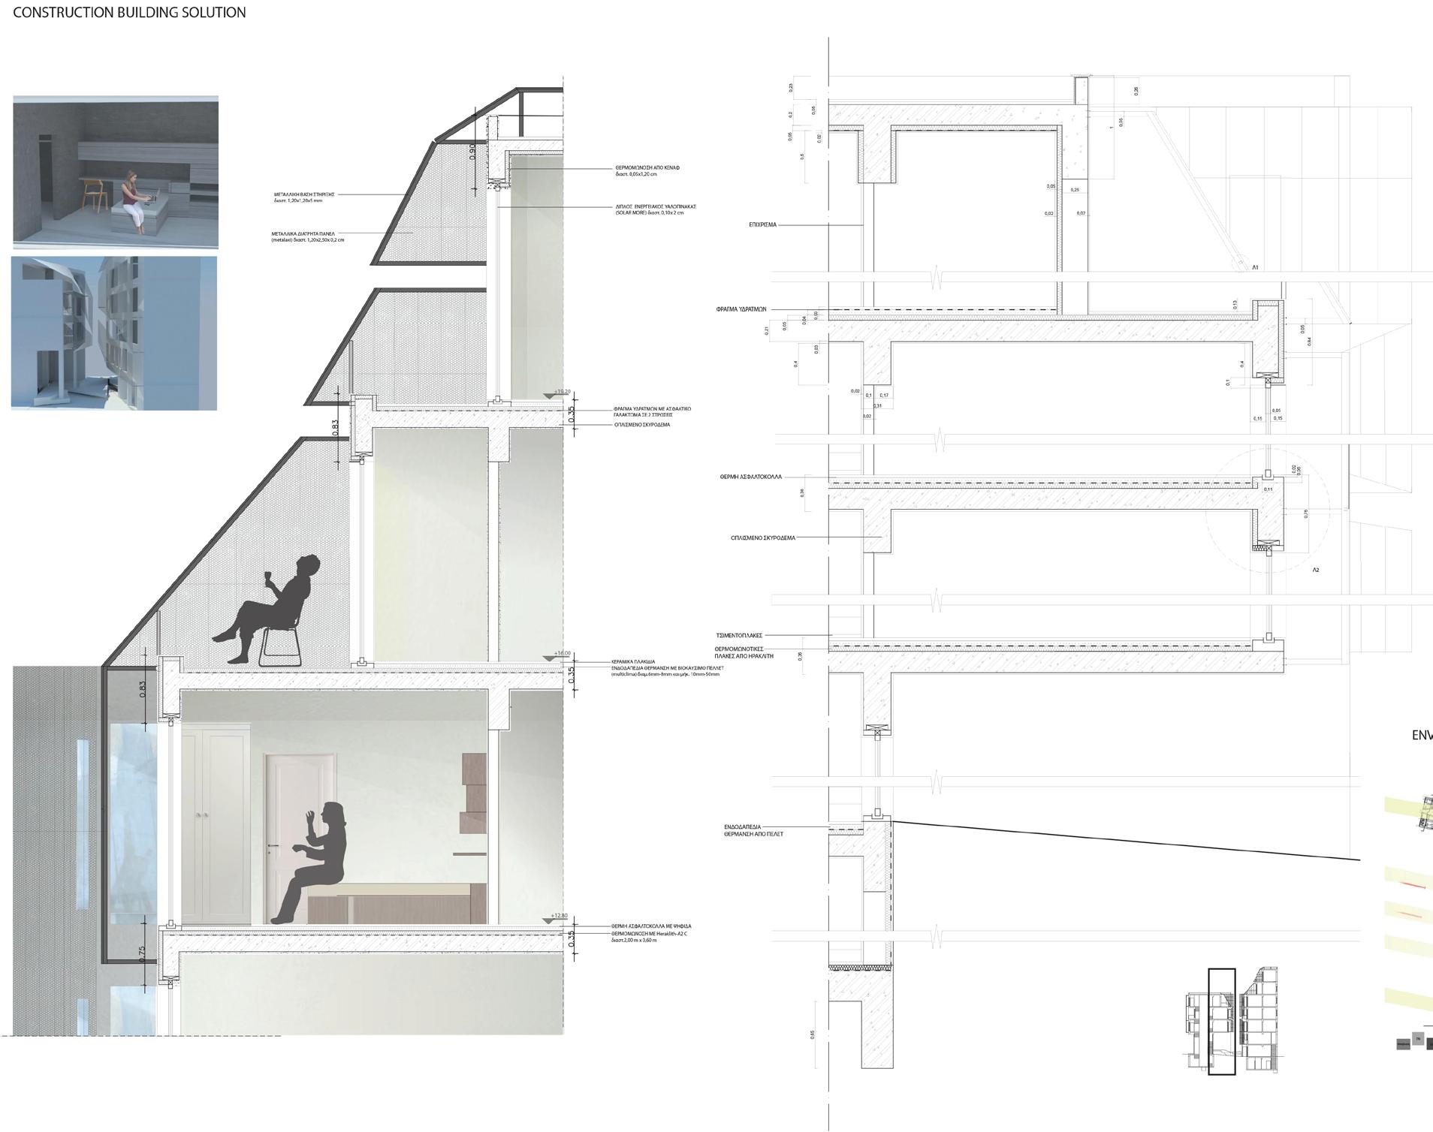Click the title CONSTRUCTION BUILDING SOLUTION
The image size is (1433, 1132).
coord(129,13)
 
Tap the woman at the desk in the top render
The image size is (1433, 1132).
coord(133,199)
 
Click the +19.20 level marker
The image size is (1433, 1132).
coord(562,392)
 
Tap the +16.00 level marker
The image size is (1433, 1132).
coord(562,654)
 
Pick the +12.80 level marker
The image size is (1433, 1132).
coord(560,916)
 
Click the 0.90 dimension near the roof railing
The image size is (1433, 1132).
coord(472,152)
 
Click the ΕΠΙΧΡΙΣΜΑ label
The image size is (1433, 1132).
coord(762,224)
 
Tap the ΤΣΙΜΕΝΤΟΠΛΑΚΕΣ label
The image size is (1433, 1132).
coord(739,636)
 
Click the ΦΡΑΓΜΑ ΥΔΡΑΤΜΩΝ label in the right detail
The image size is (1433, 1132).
coord(741,309)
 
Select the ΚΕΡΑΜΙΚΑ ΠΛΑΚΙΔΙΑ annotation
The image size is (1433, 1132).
coord(635,662)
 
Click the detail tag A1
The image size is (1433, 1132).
coord(1255,267)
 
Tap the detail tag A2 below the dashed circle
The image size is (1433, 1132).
coord(1316,571)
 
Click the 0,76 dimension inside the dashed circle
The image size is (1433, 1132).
coord(1305,513)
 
